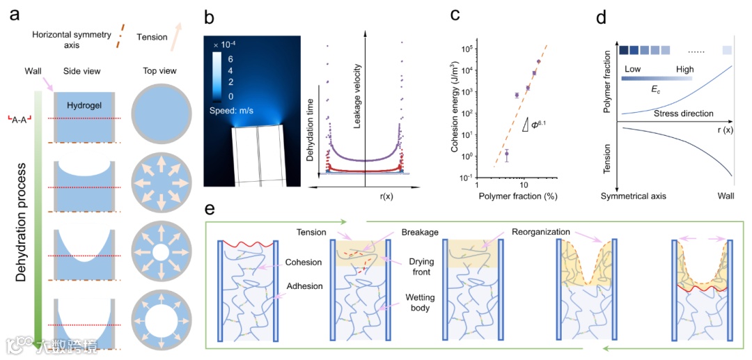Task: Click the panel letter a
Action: (15, 16)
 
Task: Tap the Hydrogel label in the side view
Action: (86, 105)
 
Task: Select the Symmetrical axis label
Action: (634, 196)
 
